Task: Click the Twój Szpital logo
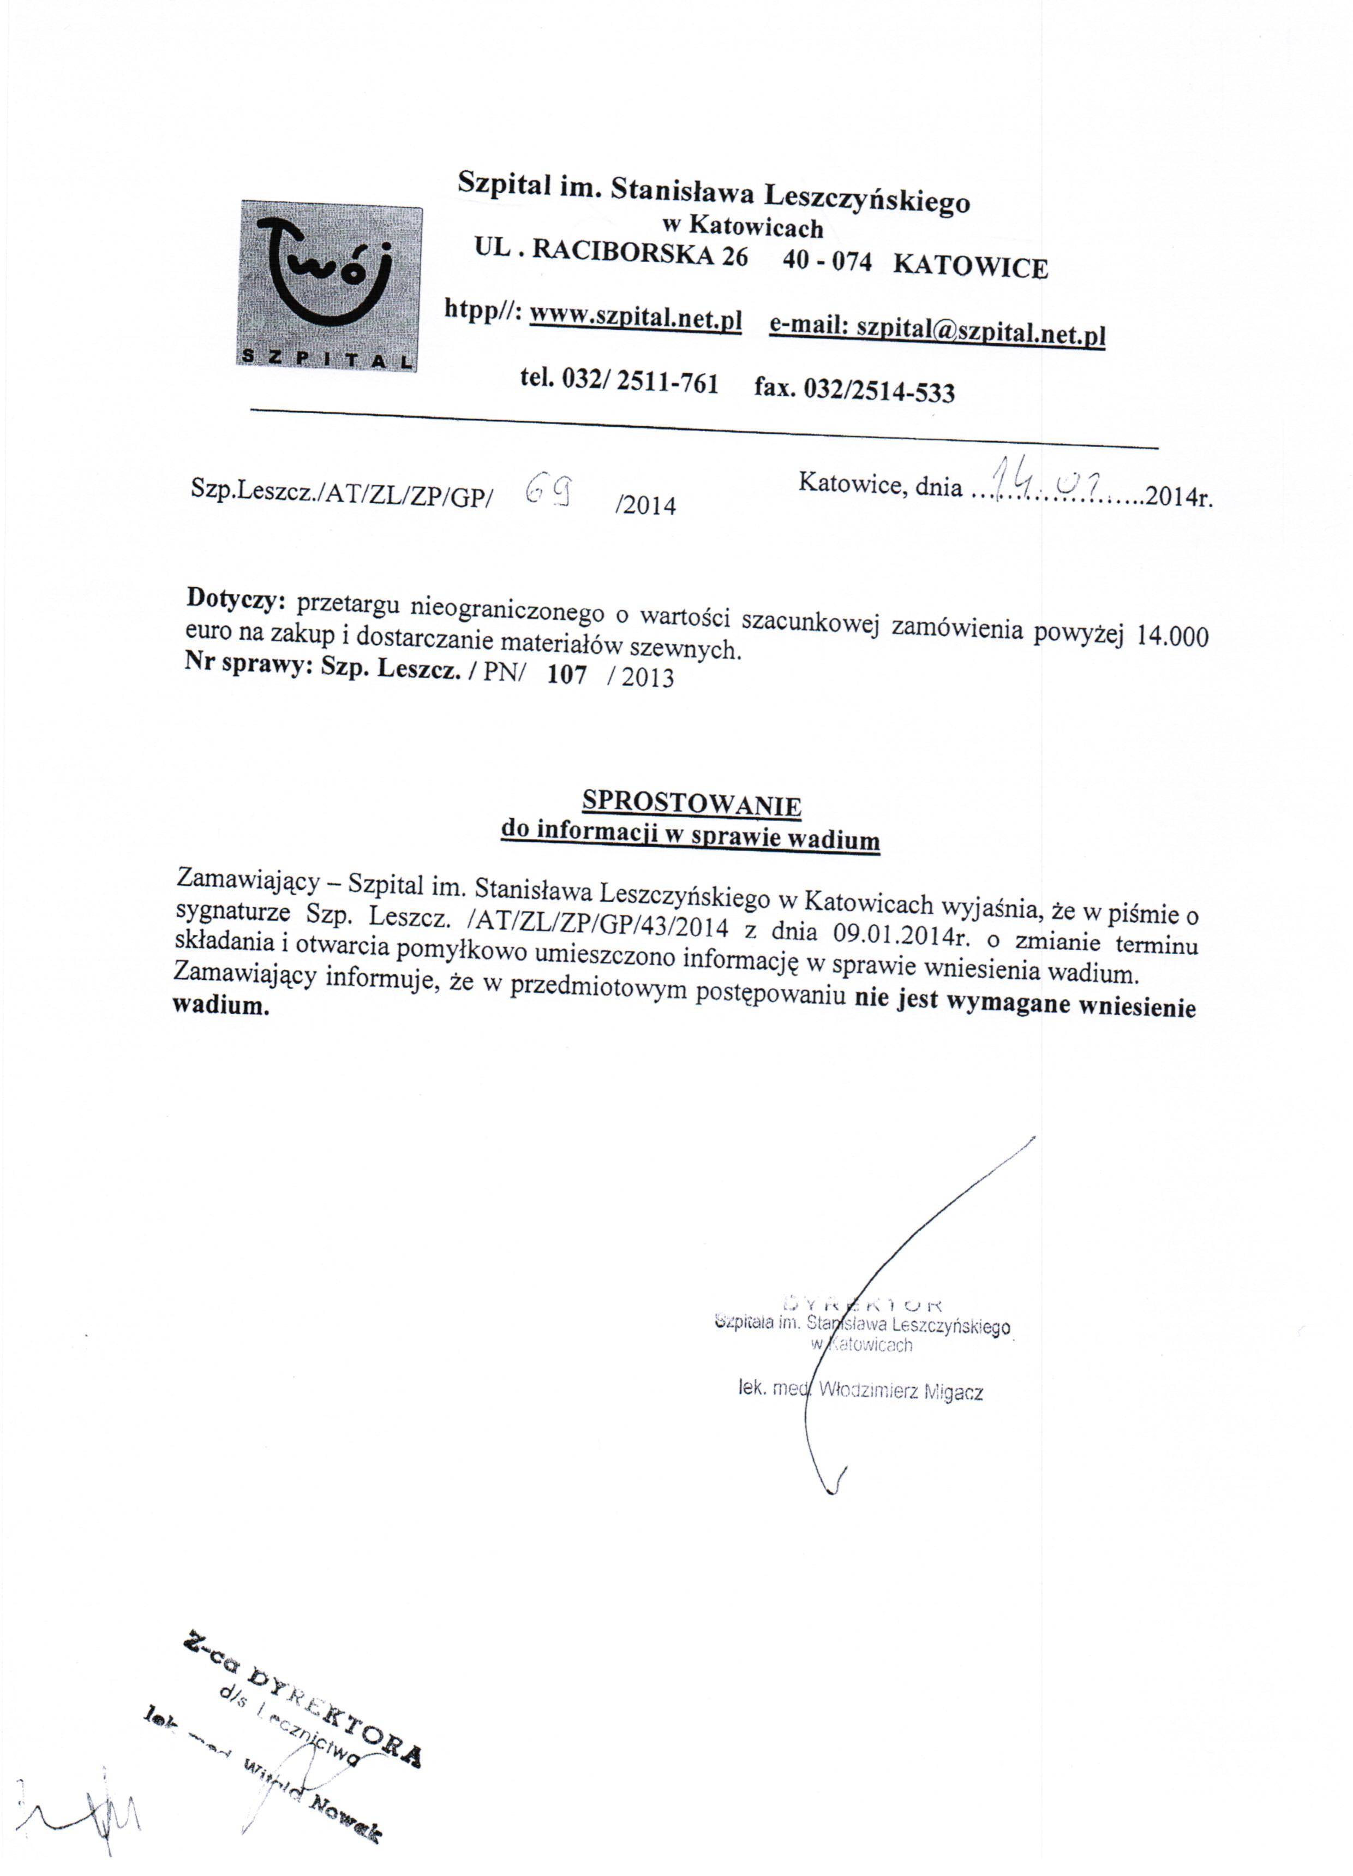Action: click(x=329, y=286)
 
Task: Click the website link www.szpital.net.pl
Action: click(x=635, y=318)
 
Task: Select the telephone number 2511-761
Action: click(x=667, y=382)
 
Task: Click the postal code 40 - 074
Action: click(x=827, y=260)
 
